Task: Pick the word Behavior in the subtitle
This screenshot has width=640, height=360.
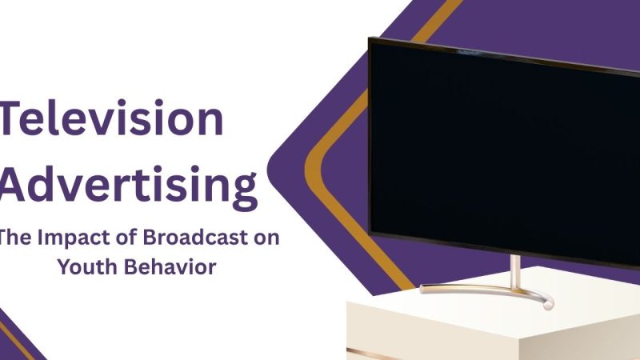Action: [x=171, y=267]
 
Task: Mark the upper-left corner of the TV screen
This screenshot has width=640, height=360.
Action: [x=371, y=40]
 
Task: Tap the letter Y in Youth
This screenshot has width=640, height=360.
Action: [x=64, y=267]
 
